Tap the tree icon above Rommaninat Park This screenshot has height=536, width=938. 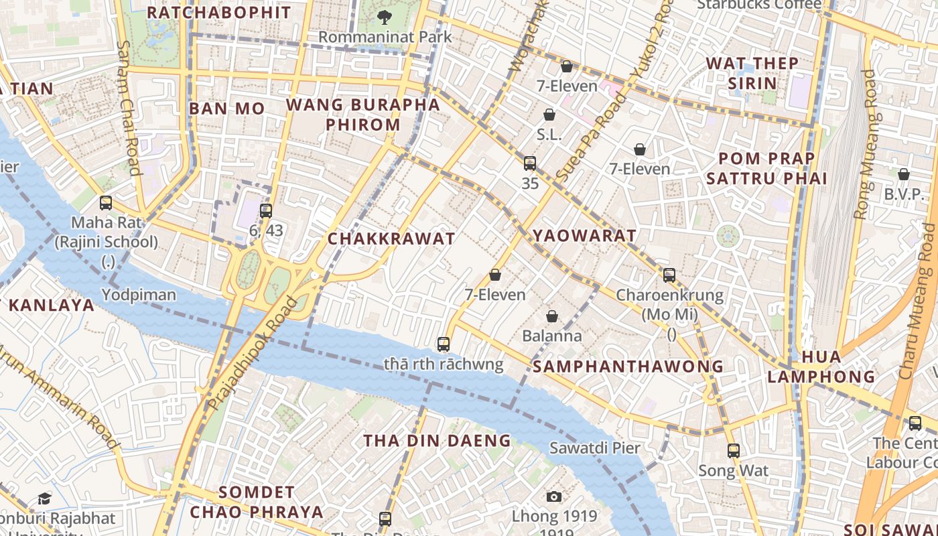click(385, 16)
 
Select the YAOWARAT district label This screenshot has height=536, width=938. click(584, 236)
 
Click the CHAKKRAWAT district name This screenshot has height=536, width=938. click(391, 239)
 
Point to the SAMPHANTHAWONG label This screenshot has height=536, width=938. click(628, 366)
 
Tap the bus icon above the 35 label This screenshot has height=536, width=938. click(530, 163)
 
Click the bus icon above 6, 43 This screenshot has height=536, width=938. click(266, 211)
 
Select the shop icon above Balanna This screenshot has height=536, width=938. click(552, 316)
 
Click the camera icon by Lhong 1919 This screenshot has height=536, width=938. click(553, 496)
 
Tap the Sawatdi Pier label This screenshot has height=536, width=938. click(595, 448)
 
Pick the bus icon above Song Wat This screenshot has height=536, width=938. click(734, 451)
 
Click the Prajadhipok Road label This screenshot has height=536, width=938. click(253, 354)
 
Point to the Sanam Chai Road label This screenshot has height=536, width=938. click(128, 107)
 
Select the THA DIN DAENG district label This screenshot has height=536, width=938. click(437, 440)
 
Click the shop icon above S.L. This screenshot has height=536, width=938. click(549, 115)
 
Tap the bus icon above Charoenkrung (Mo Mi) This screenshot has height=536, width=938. click(669, 275)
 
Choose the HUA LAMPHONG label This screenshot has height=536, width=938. click(821, 366)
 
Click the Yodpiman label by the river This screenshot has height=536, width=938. click(139, 295)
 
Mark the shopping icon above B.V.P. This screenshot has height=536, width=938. click(904, 174)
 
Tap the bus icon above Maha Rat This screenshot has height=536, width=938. click(106, 203)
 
